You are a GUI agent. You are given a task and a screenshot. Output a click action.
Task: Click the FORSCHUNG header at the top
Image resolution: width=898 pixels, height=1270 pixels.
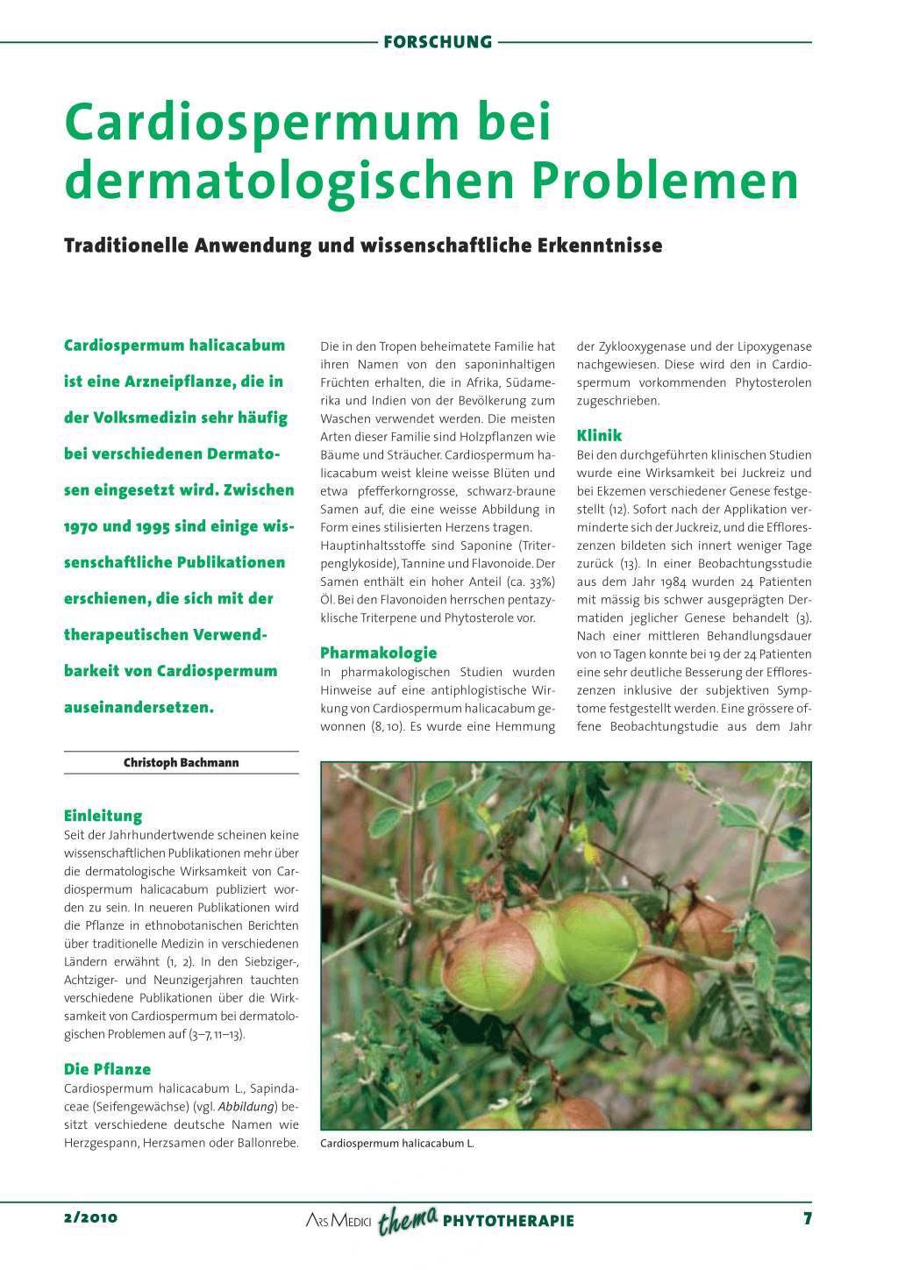(x=438, y=42)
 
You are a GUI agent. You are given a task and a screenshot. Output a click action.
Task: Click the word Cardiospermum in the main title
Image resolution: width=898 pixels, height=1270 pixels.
(x=261, y=122)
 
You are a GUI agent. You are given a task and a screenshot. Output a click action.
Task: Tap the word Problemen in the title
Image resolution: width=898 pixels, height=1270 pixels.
(x=665, y=181)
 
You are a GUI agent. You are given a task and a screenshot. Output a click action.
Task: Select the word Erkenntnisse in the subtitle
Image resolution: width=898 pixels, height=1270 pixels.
(x=601, y=246)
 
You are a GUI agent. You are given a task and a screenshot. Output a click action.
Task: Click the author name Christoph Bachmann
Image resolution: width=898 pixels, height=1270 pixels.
(x=181, y=763)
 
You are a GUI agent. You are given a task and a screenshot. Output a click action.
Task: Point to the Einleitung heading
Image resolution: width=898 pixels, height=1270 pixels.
(x=103, y=816)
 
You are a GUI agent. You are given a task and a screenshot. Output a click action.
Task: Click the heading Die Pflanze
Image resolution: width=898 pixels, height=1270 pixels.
(x=107, y=1069)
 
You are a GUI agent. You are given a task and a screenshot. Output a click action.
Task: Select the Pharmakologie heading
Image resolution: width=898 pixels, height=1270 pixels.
(x=378, y=653)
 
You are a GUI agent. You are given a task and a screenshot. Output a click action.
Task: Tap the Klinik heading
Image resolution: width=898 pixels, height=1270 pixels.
(x=599, y=435)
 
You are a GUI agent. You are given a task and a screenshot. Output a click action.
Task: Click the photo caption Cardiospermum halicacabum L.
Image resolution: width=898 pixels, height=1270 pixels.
(x=397, y=1144)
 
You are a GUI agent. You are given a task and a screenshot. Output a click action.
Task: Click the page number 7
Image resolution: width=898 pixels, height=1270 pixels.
(x=807, y=1218)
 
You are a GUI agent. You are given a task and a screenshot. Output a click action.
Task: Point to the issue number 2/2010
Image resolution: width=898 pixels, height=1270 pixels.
(x=90, y=1217)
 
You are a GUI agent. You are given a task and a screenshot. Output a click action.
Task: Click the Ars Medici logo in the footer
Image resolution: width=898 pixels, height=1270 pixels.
(x=339, y=1221)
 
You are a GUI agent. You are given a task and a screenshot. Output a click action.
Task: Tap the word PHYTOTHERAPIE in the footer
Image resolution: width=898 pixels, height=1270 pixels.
(x=509, y=1221)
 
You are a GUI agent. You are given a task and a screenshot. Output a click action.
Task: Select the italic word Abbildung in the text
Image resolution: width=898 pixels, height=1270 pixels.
(x=246, y=1107)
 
